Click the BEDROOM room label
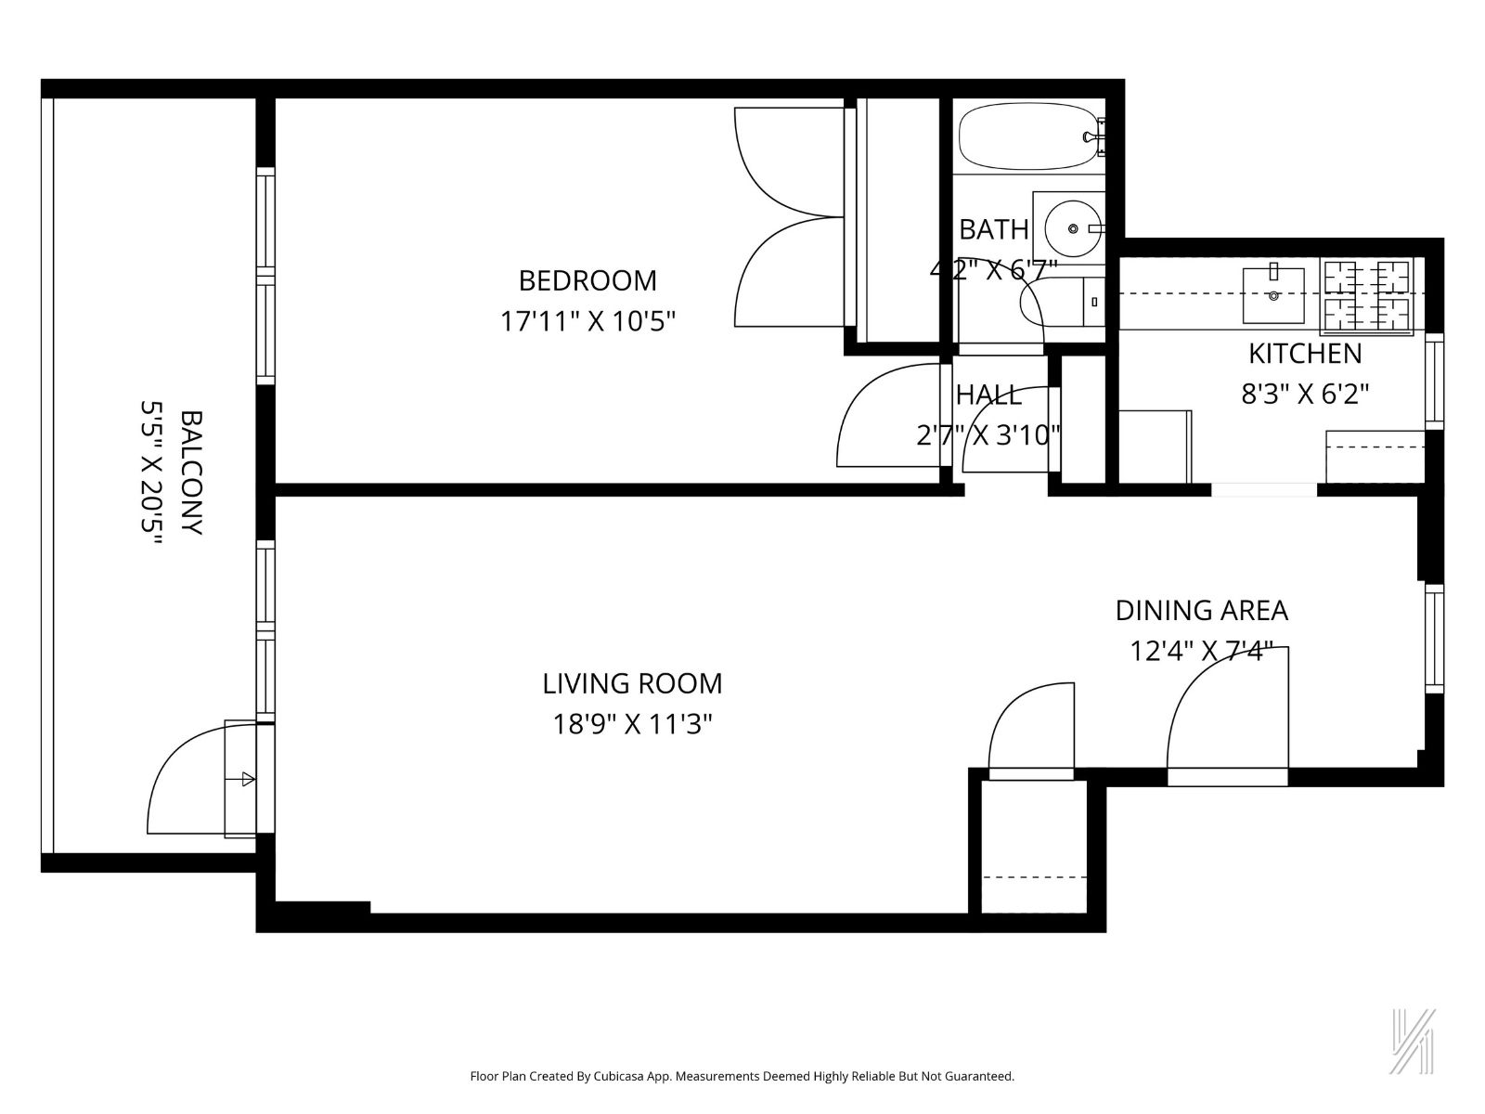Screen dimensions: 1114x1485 pyautogui.click(x=587, y=279)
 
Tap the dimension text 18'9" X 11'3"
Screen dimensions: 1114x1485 pyautogui.click(x=632, y=723)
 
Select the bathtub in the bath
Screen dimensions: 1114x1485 pyautogui.click(x=1026, y=137)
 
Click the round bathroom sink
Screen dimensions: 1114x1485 pyautogui.click(x=1073, y=227)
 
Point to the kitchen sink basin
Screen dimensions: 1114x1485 pyautogui.click(x=1273, y=294)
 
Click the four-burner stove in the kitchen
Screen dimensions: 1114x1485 pyautogui.click(x=1366, y=297)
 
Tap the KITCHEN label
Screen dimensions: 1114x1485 pyautogui.click(x=1305, y=354)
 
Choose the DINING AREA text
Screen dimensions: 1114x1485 pyautogui.click(x=1201, y=610)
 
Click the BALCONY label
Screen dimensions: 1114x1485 pyautogui.click(x=191, y=473)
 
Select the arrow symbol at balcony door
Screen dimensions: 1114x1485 pyautogui.click(x=247, y=779)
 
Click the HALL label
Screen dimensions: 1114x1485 pyautogui.click(x=988, y=395)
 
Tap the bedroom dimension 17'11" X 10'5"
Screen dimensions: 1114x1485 pyautogui.click(x=588, y=321)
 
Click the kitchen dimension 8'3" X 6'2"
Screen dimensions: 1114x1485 pyautogui.click(x=1305, y=395)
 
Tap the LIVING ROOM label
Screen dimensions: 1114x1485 pyautogui.click(x=632, y=683)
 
